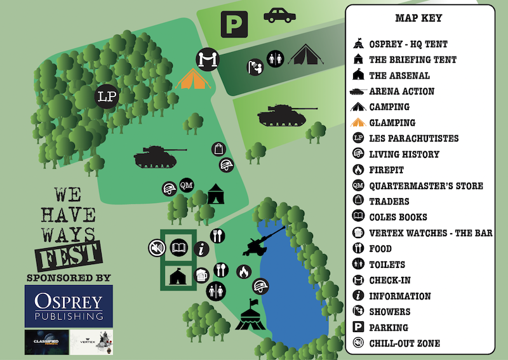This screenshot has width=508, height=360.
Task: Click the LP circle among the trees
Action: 106,97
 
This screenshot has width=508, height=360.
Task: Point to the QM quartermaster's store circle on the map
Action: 186,185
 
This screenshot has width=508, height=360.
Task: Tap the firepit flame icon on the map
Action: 243,272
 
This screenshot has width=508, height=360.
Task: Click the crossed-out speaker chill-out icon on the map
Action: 155,247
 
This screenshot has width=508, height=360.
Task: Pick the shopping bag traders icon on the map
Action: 218,149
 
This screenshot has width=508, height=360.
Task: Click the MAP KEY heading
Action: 418,18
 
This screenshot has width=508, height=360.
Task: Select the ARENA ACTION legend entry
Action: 401,91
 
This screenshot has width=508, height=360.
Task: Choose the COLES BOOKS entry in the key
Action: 398,217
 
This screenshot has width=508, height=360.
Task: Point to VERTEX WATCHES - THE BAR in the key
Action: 431,233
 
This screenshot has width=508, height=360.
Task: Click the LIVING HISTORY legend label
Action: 404,154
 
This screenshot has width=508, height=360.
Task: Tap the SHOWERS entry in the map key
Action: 389,312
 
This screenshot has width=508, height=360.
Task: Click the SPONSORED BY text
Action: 69,277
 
